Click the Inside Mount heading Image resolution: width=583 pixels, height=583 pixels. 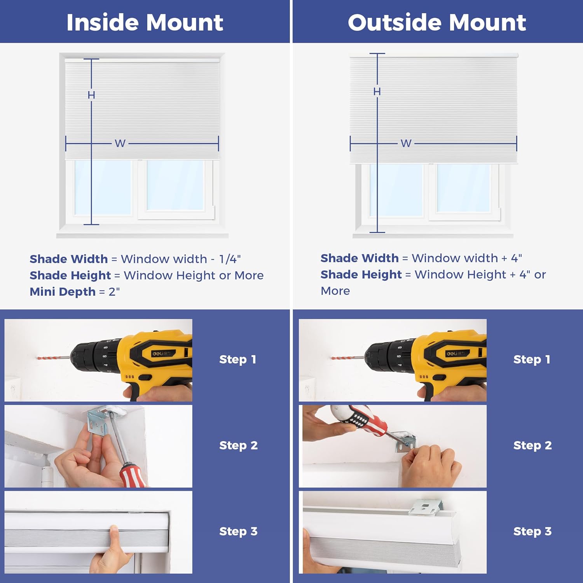click(145, 22)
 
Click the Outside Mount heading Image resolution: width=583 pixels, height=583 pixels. click(437, 22)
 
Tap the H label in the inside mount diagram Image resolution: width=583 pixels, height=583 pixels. click(91, 95)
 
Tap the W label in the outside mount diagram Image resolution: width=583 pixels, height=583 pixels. click(406, 143)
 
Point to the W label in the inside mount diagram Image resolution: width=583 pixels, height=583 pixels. click(120, 143)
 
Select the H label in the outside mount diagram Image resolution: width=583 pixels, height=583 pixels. click(377, 92)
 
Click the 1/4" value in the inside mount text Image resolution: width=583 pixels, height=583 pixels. click(230, 259)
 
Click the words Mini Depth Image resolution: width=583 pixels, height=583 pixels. click(63, 291)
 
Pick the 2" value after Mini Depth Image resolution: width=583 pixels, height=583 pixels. click(114, 291)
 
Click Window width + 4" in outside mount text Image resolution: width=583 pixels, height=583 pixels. click(466, 258)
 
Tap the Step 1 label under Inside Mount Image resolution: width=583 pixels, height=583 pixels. click(237, 360)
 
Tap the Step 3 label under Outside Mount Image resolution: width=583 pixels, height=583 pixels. click(532, 531)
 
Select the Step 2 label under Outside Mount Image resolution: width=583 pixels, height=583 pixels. click(532, 445)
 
